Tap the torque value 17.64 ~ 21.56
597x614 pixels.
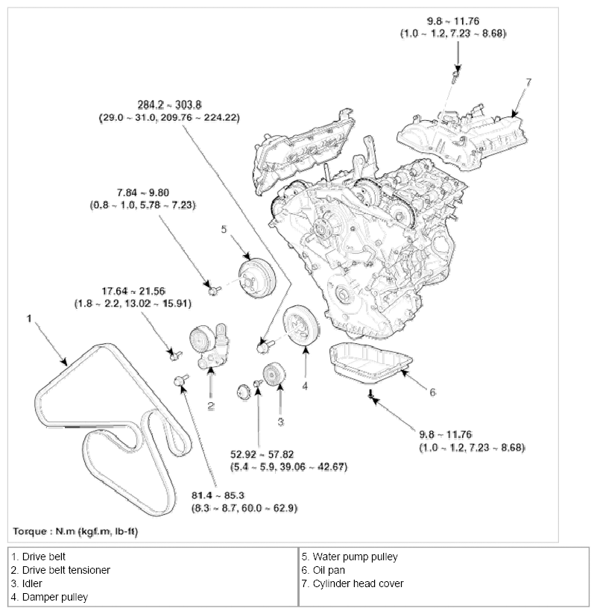130,291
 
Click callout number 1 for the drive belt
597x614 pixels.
28,319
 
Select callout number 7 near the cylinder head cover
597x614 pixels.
529,82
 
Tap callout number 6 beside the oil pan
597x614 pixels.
432,391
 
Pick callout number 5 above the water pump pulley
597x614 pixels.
223,229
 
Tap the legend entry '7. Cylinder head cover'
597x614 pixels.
353,583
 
